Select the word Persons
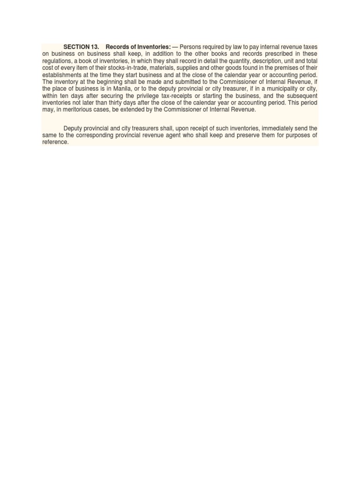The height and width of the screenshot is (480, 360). pyautogui.click(x=191, y=47)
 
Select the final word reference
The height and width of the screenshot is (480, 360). pyautogui.click(x=55, y=142)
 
